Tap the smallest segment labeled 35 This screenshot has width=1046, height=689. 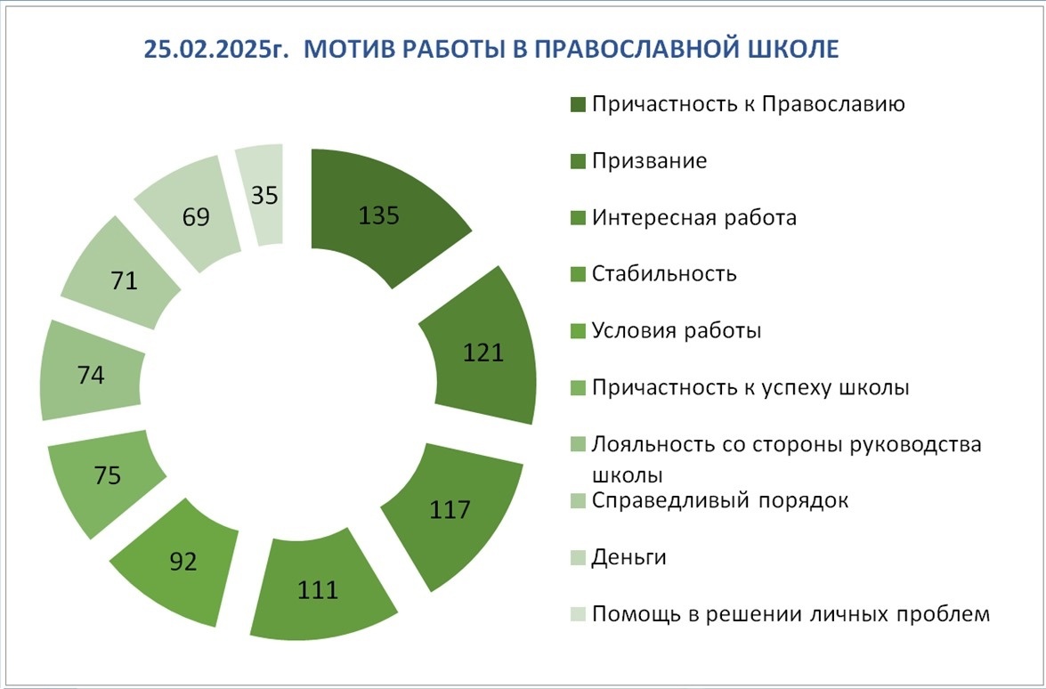(x=264, y=195)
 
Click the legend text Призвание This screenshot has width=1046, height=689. (x=649, y=161)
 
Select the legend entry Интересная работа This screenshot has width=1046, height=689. (x=693, y=218)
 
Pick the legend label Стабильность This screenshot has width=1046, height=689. (x=664, y=274)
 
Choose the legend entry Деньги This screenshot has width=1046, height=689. (x=628, y=557)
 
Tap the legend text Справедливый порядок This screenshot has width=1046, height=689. (x=720, y=501)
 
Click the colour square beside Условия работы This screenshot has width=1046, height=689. (x=578, y=331)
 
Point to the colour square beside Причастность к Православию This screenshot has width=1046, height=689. (x=578, y=105)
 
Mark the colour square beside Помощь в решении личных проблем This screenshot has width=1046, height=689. (x=578, y=614)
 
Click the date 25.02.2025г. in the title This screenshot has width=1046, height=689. (x=216, y=50)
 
